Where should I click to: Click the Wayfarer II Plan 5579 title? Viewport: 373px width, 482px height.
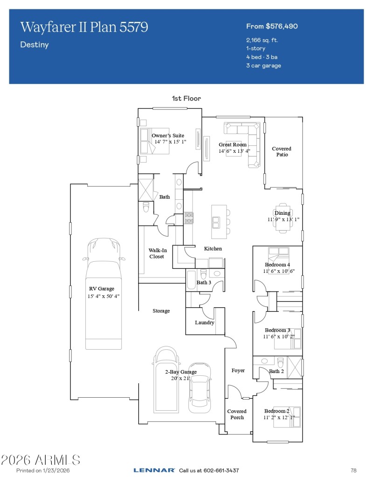point(84,27)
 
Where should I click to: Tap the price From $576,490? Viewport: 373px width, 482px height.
point(272,26)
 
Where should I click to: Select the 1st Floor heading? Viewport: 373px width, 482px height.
point(186,98)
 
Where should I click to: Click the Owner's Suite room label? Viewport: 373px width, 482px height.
point(168,136)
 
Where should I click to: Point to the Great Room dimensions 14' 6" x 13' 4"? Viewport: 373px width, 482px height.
point(234,151)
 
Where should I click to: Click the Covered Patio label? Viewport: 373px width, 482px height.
point(282,152)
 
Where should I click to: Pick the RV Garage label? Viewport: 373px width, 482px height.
point(101,289)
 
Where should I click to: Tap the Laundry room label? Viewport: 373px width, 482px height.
point(205,322)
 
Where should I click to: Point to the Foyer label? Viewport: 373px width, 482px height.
point(238,371)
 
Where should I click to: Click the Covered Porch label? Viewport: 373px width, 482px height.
point(237,414)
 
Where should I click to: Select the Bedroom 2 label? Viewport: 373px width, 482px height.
point(277,411)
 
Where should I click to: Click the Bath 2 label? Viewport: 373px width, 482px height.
point(276,371)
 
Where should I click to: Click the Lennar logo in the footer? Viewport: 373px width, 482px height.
point(154,470)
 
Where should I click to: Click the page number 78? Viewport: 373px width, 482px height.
point(353,470)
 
